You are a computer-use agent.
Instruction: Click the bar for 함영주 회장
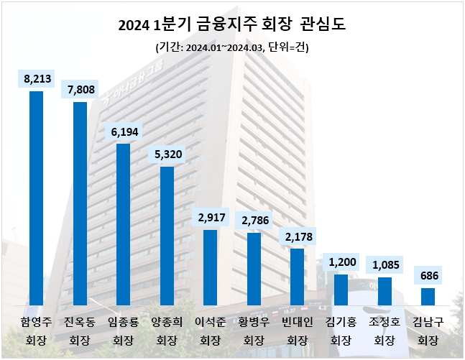pyautogui.click(x=36, y=198)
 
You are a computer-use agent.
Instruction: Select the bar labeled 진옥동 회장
pyautogui.click(x=80, y=204)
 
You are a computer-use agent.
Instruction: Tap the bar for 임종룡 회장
pyautogui.click(x=123, y=225)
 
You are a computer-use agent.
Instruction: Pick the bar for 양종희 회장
pyautogui.click(x=167, y=236)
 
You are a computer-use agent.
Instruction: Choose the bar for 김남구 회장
pyautogui.click(x=428, y=297)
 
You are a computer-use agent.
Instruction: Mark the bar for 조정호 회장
pyautogui.click(x=385, y=292)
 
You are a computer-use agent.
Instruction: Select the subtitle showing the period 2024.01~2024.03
pyautogui.click(x=232, y=47)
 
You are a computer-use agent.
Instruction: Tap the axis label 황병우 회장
pyautogui.click(x=254, y=330)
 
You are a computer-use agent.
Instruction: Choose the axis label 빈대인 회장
pyautogui.click(x=297, y=330)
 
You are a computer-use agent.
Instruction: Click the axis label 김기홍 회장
pyautogui.click(x=341, y=330)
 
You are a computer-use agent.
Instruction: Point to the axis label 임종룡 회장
pyautogui.click(x=123, y=330)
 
